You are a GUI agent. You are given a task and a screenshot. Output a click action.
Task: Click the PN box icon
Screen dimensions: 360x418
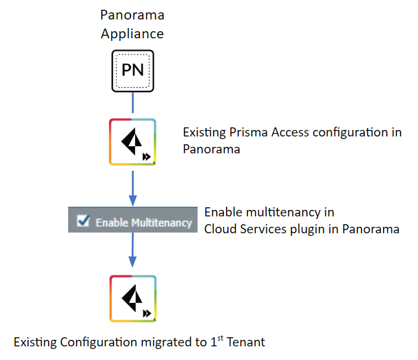(132, 70)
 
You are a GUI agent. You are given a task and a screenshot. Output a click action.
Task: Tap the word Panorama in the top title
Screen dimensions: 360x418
(132, 14)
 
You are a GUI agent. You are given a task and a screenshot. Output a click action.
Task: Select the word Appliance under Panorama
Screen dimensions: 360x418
(132, 32)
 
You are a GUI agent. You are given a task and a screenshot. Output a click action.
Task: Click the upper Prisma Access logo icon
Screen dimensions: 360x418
(132, 142)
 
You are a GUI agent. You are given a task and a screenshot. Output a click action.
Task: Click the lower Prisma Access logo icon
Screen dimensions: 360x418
(132, 298)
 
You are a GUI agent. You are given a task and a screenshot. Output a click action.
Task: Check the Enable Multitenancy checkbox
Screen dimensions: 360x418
(83, 222)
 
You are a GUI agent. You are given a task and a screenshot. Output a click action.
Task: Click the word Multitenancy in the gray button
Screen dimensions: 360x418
(162, 222)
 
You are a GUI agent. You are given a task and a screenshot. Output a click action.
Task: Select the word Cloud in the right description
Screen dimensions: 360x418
(220, 229)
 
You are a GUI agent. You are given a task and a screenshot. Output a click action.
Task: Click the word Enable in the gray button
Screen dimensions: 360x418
(112, 222)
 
